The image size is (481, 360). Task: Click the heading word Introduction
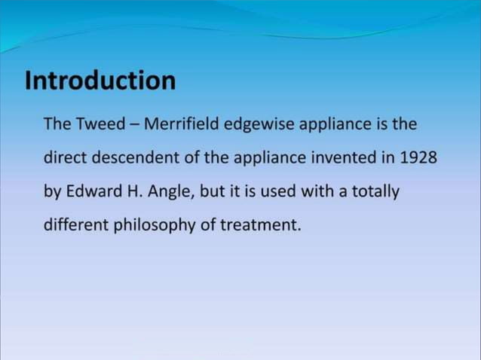(100, 81)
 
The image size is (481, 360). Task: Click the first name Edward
(90, 192)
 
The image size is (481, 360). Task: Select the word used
(277, 192)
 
